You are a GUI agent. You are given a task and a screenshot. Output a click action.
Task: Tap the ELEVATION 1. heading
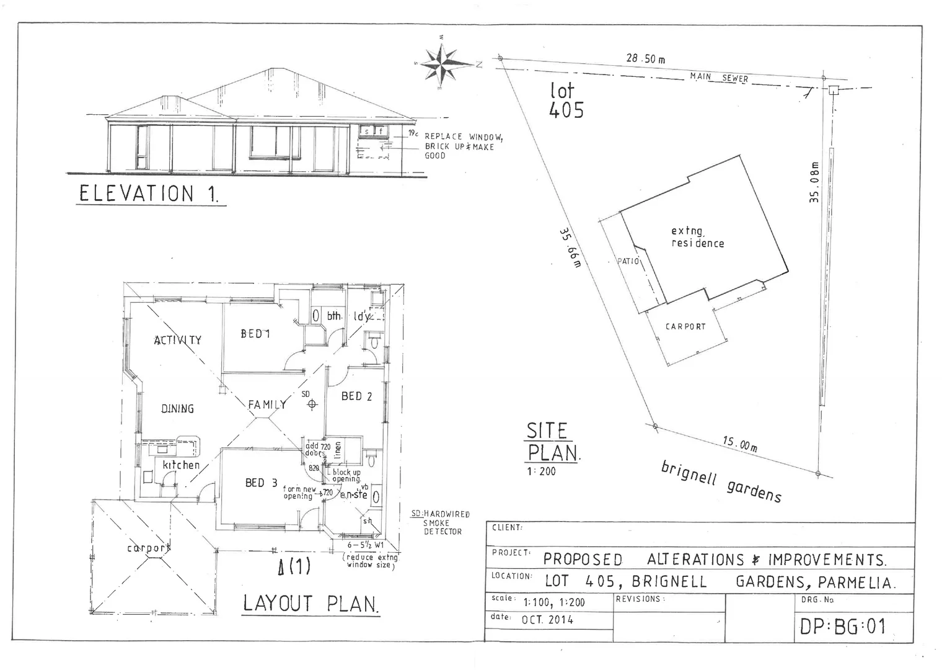149,194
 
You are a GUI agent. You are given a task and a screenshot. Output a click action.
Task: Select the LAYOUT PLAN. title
311,604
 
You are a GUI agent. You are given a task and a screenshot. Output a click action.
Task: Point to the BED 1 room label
255,334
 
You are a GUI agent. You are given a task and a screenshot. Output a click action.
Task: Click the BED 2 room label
356,396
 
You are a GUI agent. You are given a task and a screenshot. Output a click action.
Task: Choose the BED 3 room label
261,483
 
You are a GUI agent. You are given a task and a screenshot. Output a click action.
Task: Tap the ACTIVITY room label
177,340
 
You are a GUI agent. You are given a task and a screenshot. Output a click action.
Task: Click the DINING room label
177,409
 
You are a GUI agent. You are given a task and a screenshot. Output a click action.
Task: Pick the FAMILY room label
267,404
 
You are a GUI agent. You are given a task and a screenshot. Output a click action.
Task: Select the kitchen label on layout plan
181,465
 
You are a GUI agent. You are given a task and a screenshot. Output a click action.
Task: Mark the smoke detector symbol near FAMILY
312,404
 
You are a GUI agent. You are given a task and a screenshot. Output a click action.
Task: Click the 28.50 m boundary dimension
646,59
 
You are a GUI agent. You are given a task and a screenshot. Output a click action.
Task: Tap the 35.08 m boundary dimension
814,182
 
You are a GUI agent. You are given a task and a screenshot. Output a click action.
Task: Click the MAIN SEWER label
719,78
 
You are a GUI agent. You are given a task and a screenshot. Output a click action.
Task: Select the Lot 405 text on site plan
566,100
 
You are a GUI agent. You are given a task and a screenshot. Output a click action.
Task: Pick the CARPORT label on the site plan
685,326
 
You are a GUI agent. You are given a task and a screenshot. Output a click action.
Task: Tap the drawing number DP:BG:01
843,627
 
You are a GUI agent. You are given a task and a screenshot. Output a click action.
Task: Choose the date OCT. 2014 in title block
547,619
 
